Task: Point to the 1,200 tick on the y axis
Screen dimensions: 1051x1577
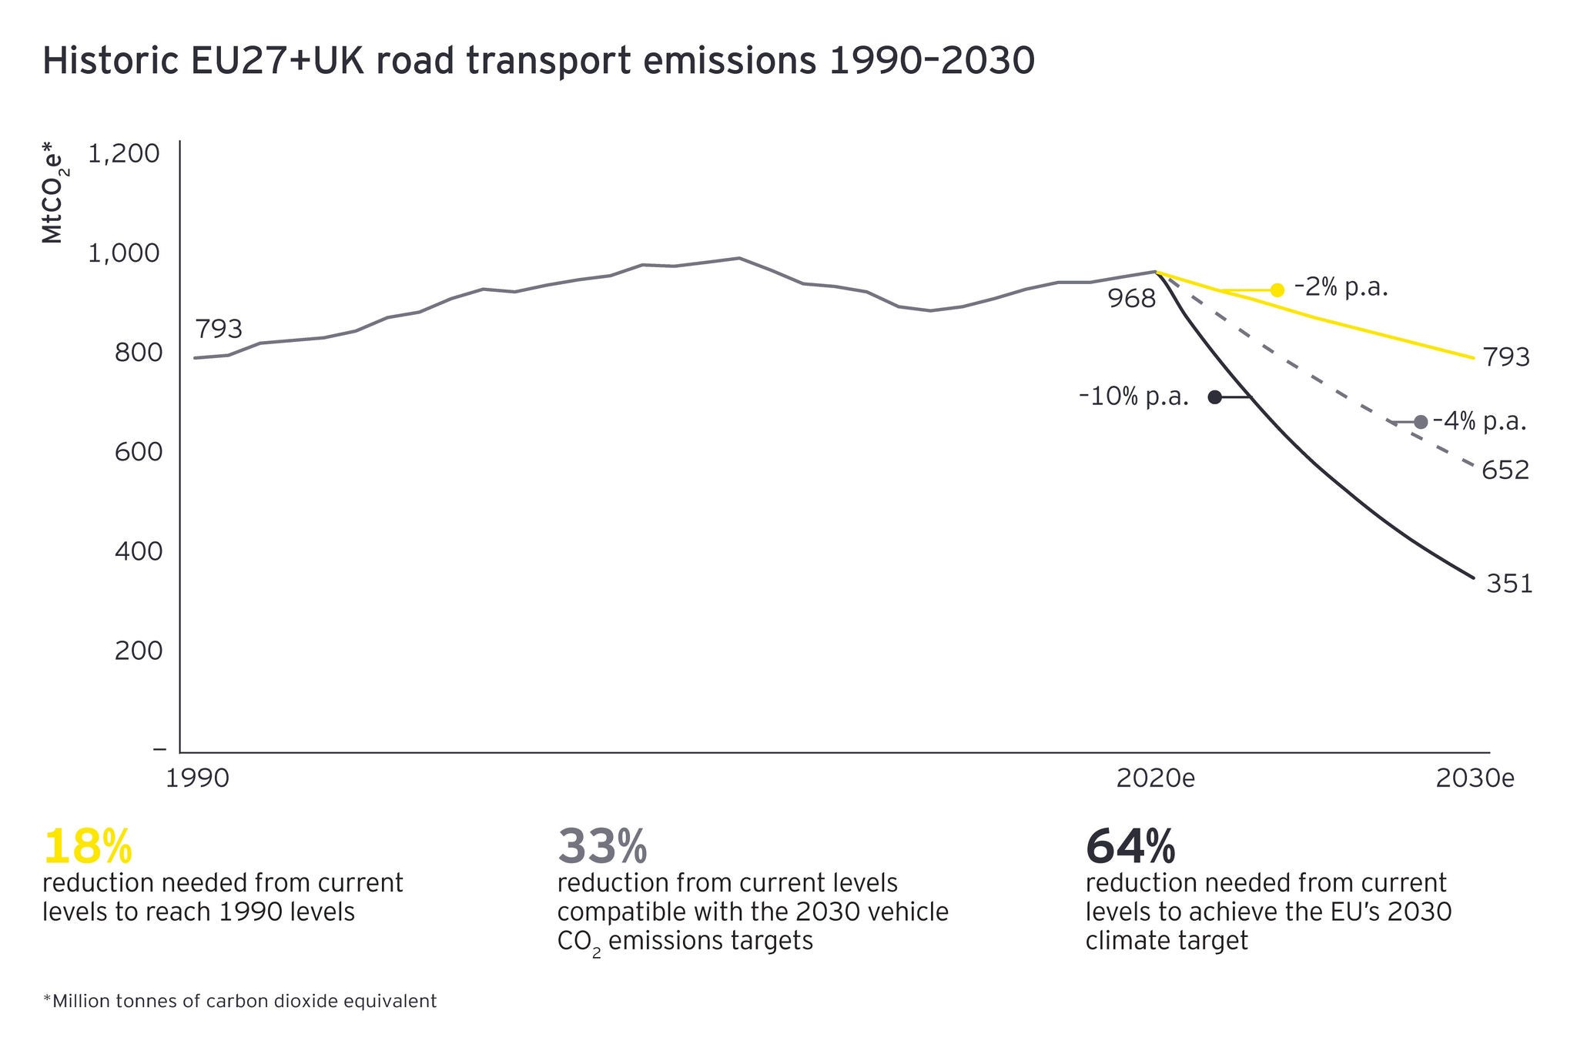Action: (124, 154)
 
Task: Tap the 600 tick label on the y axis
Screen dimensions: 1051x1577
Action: (139, 452)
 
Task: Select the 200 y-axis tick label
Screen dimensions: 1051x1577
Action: (139, 651)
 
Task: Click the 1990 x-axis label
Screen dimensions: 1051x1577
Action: (198, 778)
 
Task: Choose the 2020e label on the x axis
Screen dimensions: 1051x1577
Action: (1155, 778)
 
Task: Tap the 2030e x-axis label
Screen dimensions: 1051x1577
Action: (1475, 778)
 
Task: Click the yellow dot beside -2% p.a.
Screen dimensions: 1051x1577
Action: (1277, 290)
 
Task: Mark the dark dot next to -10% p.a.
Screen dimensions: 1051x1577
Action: (1214, 397)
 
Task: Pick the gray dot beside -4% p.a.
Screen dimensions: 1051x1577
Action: (1421, 422)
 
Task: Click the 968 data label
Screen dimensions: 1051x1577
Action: (1132, 299)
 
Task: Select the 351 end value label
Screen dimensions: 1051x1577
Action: (1509, 584)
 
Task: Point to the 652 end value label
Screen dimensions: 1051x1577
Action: (1505, 470)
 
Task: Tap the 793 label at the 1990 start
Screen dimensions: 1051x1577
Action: (219, 330)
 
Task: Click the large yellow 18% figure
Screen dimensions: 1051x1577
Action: (88, 846)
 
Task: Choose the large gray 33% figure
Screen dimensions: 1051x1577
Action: (602, 846)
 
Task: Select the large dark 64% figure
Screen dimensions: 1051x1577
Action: (1130, 846)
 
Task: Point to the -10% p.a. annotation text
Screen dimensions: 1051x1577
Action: (1134, 397)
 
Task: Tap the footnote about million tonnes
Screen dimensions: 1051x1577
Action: (239, 1001)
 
